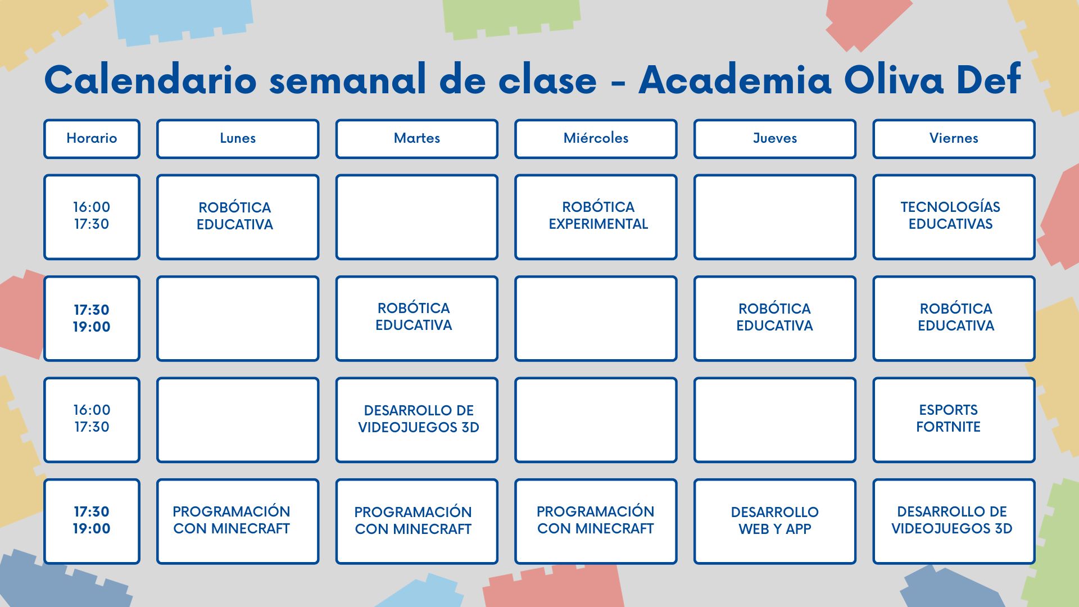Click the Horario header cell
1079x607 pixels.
pos(92,139)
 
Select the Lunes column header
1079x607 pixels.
pos(238,139)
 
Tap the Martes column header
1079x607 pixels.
pos(417,139)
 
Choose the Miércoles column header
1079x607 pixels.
pos(596,139)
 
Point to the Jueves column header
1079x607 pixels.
pos(775,139)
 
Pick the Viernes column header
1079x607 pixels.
pos(954,139)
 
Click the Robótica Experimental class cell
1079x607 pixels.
pos(596,217)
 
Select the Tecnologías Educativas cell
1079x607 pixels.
pos(954,217)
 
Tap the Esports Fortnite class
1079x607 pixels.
pos(954,420)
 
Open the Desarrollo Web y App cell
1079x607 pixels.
pos(775,521)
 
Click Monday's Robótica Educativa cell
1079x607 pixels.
pos(238,217)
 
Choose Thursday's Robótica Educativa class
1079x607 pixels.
pos(775,318)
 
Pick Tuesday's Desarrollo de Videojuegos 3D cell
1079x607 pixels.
pos(417,420)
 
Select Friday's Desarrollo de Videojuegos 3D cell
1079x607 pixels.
pos(954,521)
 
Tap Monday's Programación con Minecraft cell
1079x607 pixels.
pos(238,521)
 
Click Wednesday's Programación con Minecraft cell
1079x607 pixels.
pos(596,521)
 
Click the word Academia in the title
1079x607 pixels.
pos(735,79)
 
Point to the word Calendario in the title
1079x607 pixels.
pos(151,79)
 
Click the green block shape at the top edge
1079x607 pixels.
pos(510,18)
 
